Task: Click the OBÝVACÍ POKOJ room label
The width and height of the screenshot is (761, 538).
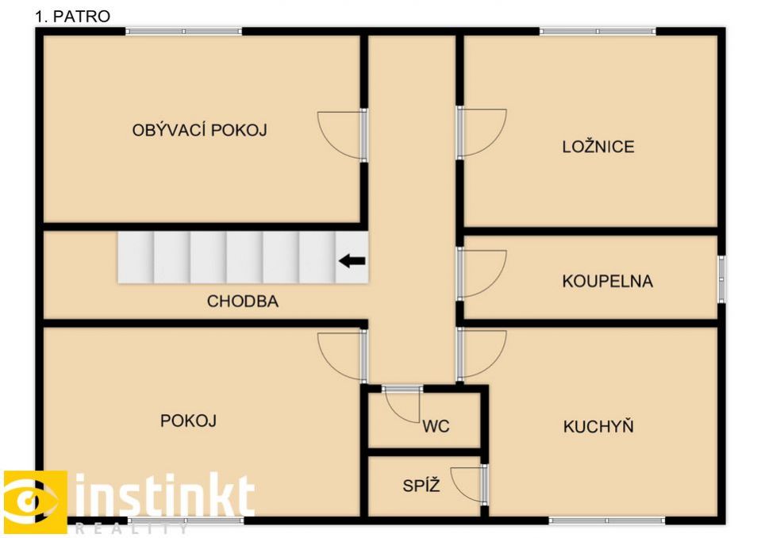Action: pyautogui.click(x=199, y=129)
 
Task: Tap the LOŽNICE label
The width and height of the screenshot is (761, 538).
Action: pyautogui.click(x=598, y=146)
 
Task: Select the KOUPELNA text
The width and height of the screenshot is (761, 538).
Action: pyautogui.click(x=607, y=281)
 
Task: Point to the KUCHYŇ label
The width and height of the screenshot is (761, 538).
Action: pyautogui.click(x=598, y=426)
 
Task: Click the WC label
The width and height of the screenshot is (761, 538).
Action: pyautogui.click(x=436, y=426)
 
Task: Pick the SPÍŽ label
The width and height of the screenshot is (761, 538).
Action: pyautogui.click(x=421, y=485)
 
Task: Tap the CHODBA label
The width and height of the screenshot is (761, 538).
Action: pyautogui.click(x=243, y=301)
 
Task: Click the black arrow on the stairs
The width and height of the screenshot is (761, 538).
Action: pyautogui.click(x=352, y=261)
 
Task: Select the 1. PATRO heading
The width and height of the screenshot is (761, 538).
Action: pyautogui.click(x=72, y=16)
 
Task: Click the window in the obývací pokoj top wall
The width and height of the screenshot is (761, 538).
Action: pyautogui.click(x=183, y=32)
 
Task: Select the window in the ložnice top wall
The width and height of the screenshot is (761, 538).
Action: pyautogui.click(x=598, y=32)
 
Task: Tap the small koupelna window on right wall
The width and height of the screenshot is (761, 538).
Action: pyautogui.click(x=721, y=279)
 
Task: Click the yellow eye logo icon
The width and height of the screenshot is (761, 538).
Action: pyautogui.click(x=35, y=501)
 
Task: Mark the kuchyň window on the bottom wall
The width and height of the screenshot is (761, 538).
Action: pyautogui.click(x=607, y=521)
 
